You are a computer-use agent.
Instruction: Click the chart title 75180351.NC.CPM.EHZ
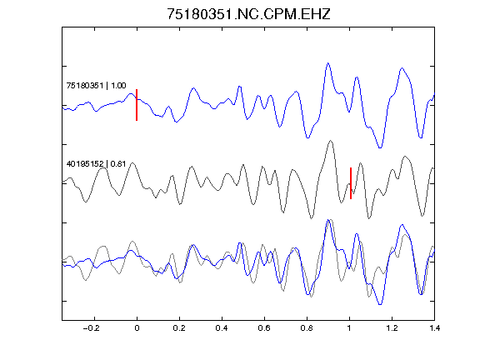tap(248, 14)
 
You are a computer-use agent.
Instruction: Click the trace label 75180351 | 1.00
tap(96, 85)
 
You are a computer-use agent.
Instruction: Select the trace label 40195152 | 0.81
tap(96, 164)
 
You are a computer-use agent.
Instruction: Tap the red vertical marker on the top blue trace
tap(137, 105)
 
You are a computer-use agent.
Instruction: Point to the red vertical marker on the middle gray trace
tap(351, 183)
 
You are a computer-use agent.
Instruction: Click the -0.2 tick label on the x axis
tap(92, 328)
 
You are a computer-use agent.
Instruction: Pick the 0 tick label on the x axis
tap(137, 328)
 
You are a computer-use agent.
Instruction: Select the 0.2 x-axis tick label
tap(179, 328)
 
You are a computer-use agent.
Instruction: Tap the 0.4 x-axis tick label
tap(222, 328)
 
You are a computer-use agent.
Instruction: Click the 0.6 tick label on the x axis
tap(264, 328)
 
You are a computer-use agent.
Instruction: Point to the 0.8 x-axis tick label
tap(307, 328)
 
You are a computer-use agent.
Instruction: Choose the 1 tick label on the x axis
tap(349, 328)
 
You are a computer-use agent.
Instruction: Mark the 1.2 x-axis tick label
tap(392, 328)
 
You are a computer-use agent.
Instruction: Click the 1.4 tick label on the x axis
tap(434, 328)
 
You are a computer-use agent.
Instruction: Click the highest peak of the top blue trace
tap(328, 63)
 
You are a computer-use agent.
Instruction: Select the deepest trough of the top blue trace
tap(380, 147)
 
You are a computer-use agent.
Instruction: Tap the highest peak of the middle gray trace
tap(330, 141)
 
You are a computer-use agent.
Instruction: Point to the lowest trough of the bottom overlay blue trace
tap(380, 305)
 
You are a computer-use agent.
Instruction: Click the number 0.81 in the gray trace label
tap(118, 164)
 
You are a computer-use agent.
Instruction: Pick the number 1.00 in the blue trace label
tap(118, 85)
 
